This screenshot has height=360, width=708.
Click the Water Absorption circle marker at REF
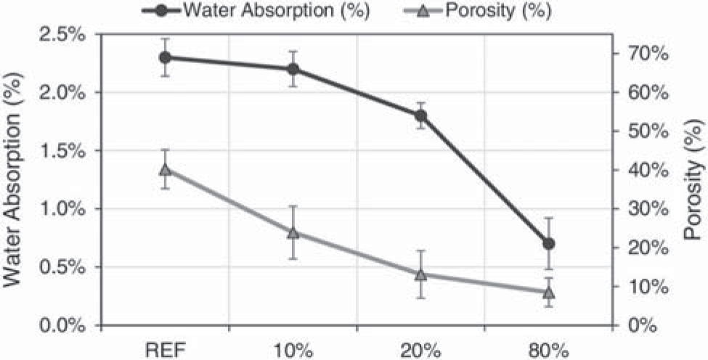click(x=165, y=57)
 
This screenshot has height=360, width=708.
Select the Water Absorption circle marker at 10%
click(x=293, y=69)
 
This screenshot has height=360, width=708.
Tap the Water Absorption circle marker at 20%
click(x=420, y=115)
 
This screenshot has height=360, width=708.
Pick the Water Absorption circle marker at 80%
click(x=548, y=243)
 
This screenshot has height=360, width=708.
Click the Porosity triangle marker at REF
click(x=165, y=170)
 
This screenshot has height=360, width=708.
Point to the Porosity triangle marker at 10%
click(x=293, y=232)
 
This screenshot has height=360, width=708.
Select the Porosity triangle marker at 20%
click(x=420, y=274)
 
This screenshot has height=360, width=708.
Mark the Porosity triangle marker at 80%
click(x=548, y=292)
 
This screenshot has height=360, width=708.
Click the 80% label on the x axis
click(x=548, y=348)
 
